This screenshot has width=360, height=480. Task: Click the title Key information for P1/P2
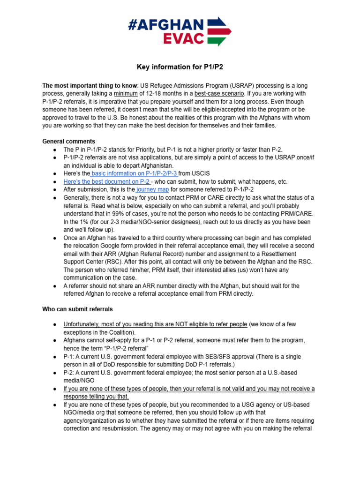click(x=180, y=67)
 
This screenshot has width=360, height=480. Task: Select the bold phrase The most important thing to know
click(x=81, y=86)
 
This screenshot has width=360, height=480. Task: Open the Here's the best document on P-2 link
click(x=107, y=181)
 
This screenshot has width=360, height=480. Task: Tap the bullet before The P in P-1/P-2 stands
click(x=55, y=149)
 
